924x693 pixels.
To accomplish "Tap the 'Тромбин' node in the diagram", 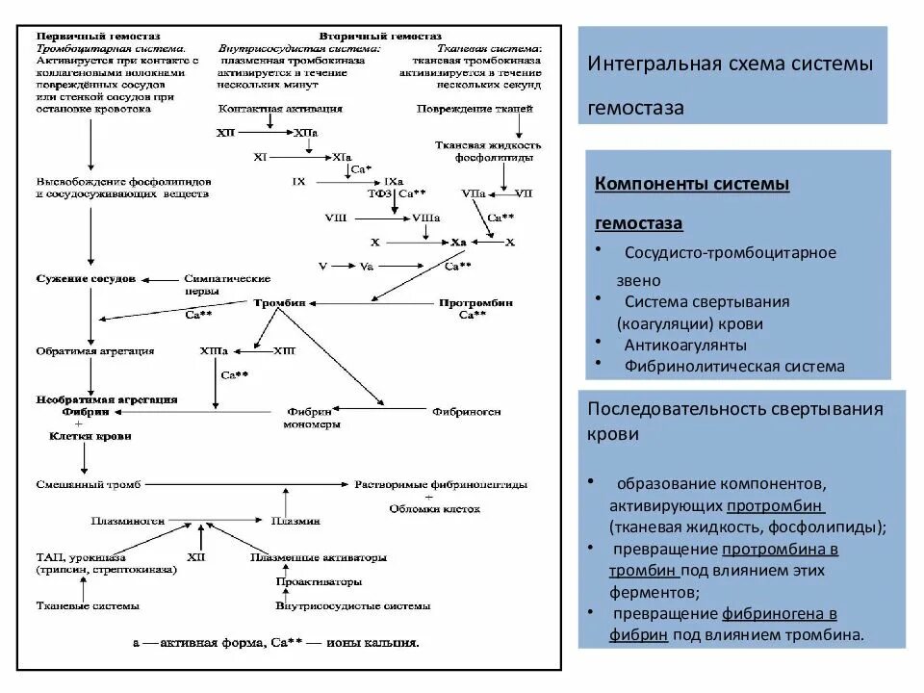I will point(279,302).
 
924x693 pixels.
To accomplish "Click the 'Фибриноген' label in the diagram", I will point(467,411).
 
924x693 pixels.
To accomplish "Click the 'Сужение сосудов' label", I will point(86,278).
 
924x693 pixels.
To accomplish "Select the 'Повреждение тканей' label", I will point(475,109).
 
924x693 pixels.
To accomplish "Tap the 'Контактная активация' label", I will point(274,109).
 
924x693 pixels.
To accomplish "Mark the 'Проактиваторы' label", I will point(319,581).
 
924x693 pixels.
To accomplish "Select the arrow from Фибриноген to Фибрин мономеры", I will point(385,411).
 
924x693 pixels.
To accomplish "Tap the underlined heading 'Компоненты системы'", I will point(692,183).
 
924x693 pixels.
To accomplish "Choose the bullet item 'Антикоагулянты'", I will point(684,345).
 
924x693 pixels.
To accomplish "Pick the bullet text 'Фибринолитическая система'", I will point(734,366).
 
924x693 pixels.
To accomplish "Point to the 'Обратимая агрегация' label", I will point(94,351).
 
